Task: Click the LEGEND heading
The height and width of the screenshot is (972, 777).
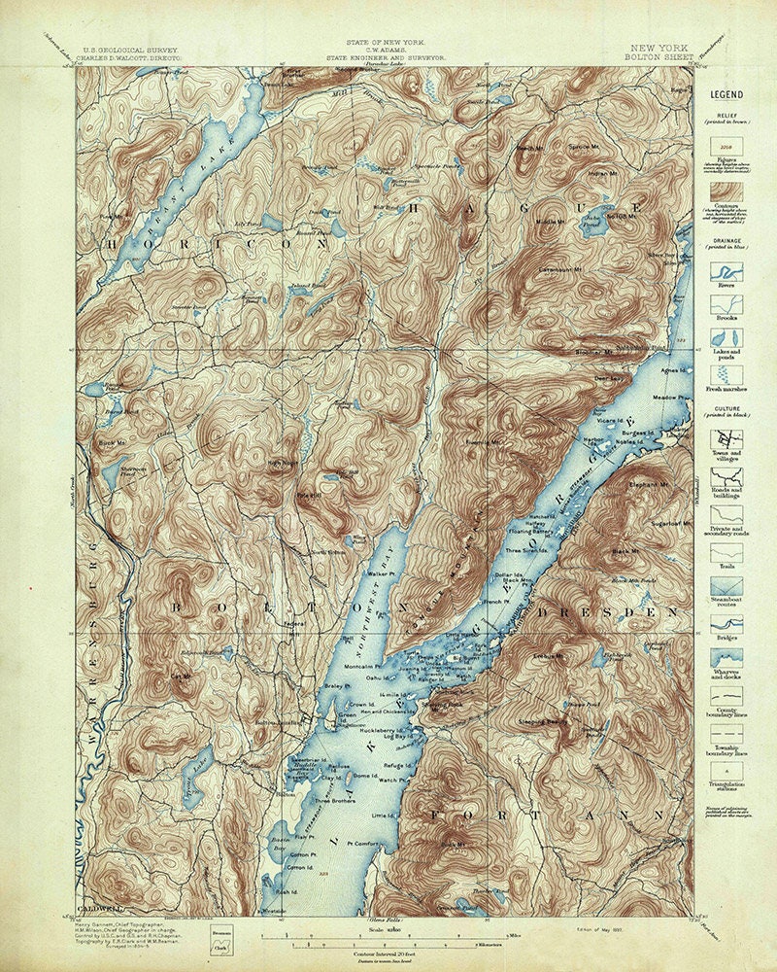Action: tap(726, 94)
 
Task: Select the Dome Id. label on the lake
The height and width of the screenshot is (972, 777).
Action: tap(365, 775)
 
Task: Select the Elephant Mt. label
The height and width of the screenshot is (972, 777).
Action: tap(648, 483)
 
